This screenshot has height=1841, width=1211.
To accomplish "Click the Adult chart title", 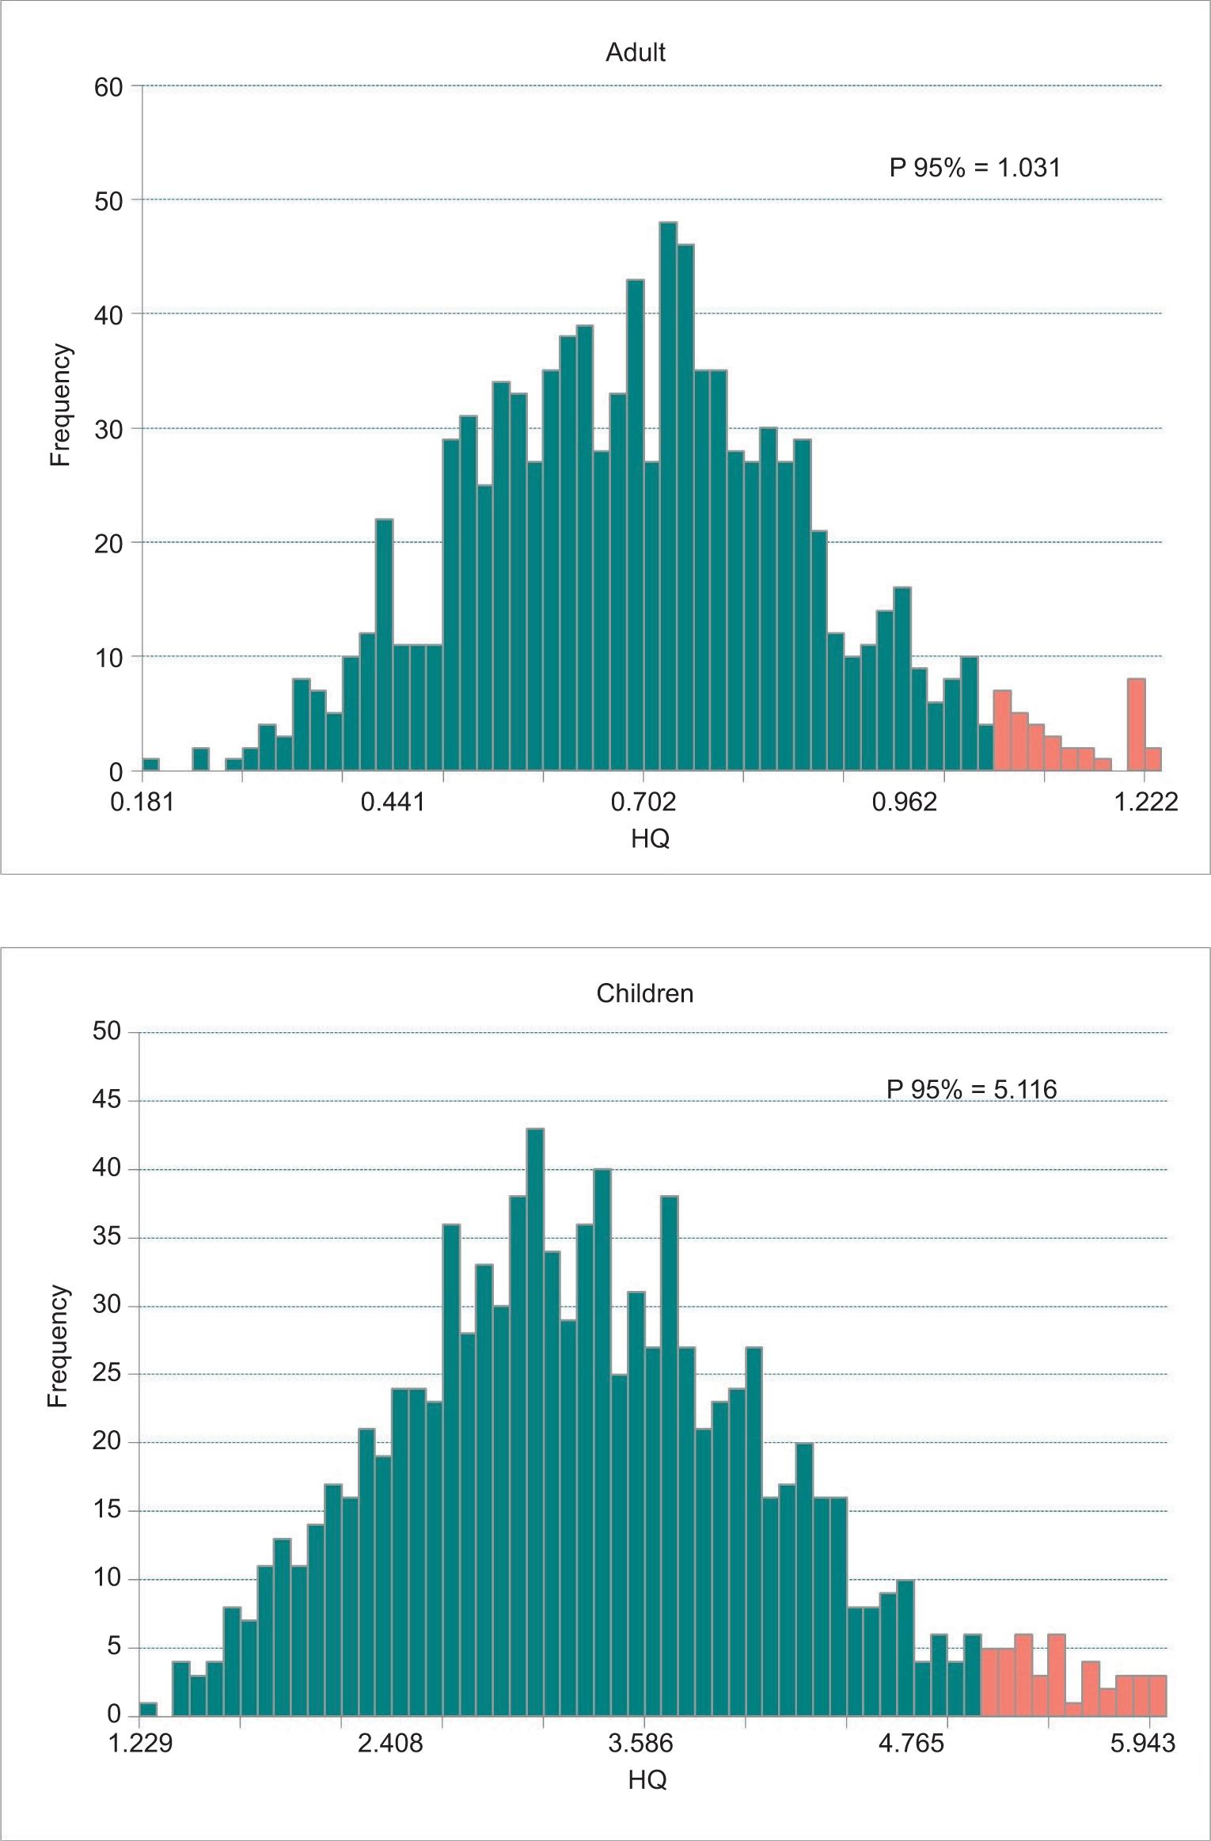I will point(636,52).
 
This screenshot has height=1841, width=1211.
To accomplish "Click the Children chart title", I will point(644,993).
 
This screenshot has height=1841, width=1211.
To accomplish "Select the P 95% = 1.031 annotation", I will point(974,168).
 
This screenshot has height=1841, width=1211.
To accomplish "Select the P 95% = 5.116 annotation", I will point(971,1089).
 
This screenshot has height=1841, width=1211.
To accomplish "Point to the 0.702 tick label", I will point(643,803).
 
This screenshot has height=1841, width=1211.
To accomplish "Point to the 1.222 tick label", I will point(1146,803).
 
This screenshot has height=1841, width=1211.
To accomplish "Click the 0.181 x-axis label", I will point(142,803).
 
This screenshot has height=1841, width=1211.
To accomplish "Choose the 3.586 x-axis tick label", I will point(642,1744).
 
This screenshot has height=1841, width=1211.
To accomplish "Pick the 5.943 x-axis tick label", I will point(1143,1744).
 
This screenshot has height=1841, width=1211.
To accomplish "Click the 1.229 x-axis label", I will point(139,1744).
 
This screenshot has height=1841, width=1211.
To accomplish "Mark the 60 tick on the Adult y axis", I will point(109,87).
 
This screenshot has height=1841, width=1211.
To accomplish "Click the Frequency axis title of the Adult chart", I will point(61,405).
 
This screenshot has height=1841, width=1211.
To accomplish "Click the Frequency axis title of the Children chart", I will point(58,1345).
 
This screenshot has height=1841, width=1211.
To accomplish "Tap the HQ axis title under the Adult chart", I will point(650,837).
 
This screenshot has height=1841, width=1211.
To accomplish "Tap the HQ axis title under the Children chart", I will point(647,1780).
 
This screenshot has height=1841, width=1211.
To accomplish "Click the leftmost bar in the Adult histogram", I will point(150,765).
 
